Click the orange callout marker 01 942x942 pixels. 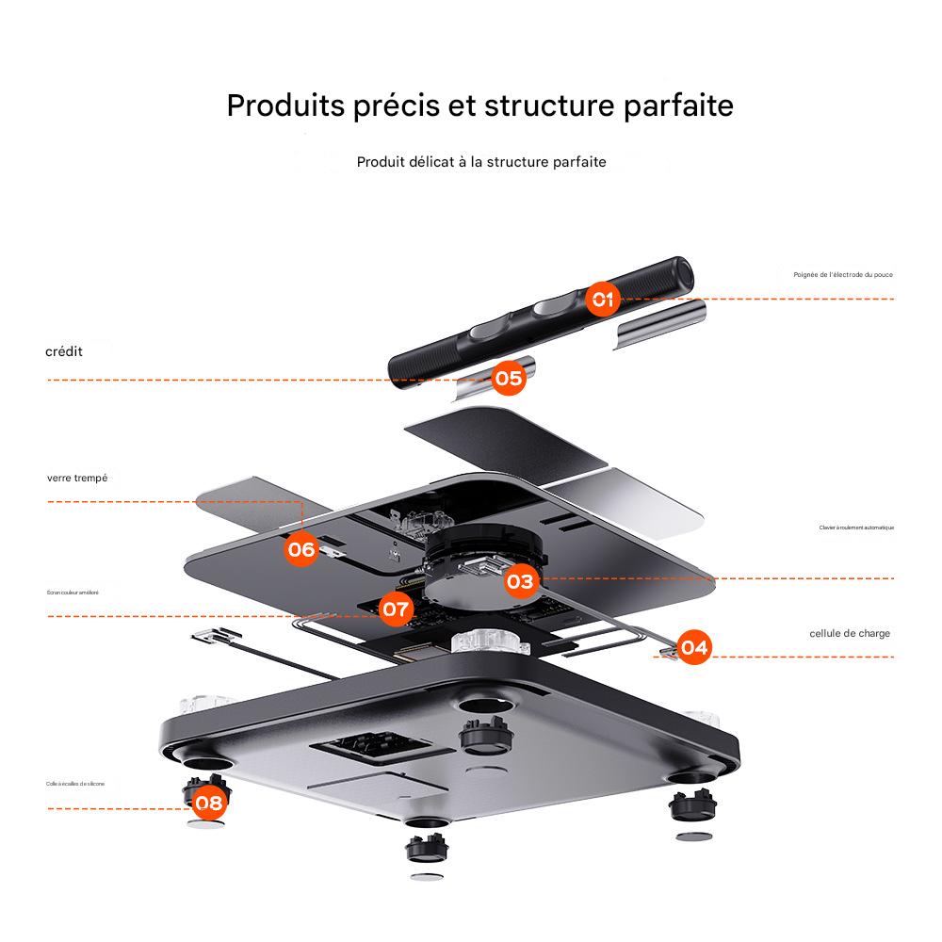pos(603,300)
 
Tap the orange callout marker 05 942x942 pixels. pos(508,379)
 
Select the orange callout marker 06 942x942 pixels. pos(301,548)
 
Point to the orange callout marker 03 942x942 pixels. pos(520,581)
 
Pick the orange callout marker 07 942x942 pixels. pos(397,609)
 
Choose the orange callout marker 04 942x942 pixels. pos(694,647)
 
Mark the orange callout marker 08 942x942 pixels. pos(210,804)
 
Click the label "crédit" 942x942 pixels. pos(64,351)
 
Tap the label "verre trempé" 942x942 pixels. pos(77,478)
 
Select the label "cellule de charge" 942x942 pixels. pos(850,633)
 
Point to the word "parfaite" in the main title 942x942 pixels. pos(679,106)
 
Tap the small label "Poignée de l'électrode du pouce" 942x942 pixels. pos(843,274)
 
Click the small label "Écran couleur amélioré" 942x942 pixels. pos(73,593)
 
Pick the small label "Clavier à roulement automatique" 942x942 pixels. pos(856,528)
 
